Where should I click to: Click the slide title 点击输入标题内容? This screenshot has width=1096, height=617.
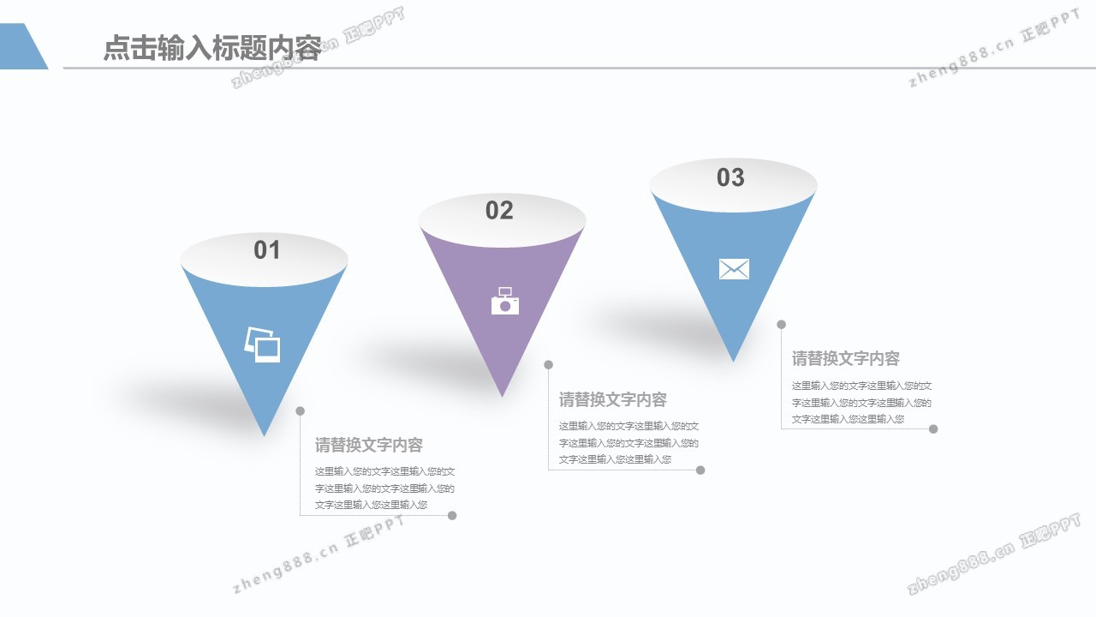tap(211, 48)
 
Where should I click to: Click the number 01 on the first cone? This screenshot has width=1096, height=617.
tap(267, 250)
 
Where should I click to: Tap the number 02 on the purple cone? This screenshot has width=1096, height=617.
tap(499, 211)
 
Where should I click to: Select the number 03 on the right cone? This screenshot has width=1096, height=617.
tap(730, 177)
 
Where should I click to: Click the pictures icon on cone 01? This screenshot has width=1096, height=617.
tap(263, 344)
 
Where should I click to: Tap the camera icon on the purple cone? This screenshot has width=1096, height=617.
tap(505, 302)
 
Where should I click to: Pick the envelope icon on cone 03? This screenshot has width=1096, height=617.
tap(734, 269)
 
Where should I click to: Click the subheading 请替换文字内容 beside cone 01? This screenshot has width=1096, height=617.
tap(369, 446)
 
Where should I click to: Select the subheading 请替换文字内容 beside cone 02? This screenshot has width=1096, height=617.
tap(613, 400)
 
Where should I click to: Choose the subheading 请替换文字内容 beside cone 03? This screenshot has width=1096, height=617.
tap(846, 359)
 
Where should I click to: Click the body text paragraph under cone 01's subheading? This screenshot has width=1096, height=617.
tap(384, 488)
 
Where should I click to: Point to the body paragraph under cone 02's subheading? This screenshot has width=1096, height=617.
tap(628, 443)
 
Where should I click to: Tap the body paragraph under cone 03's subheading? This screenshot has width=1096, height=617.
tap(861, 402)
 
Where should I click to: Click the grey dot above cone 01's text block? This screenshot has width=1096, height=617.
tap(301, 411)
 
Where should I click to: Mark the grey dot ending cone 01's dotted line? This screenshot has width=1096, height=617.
tap(452, 516)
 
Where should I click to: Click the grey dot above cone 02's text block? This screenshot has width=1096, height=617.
tap(549, 365)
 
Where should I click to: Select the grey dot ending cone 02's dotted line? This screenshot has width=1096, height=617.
tap(700, 470)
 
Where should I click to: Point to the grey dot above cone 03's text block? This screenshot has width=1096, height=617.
tap(782, 324)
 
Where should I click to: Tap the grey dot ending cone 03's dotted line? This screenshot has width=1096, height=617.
tap(933, 429)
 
